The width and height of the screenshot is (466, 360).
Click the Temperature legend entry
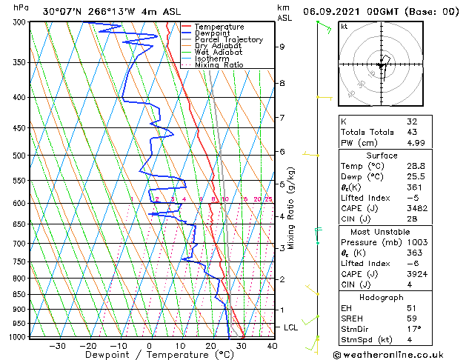pos(219,27)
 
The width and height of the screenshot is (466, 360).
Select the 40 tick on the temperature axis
pos(272,345)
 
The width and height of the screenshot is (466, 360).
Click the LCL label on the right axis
pos(292,327)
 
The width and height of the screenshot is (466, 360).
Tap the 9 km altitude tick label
pos(282,47)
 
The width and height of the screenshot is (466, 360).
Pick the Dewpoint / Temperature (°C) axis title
pos(148,355)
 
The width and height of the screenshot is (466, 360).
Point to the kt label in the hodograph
pos(344,27)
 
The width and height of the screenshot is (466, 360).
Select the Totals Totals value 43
pos(412,132)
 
